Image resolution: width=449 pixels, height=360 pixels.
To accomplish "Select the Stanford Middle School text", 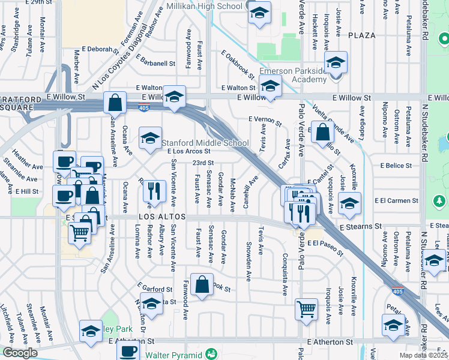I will pyautogui.click(x=205, y=143).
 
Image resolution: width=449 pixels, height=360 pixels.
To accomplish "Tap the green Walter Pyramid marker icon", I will pyautogui.click(x=211, y=353).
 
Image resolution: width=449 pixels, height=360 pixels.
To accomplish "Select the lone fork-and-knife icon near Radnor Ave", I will pyautogui.click(x=155, y=191).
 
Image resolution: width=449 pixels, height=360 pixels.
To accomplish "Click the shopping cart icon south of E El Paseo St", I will pyautogui.click(x=306, y=310).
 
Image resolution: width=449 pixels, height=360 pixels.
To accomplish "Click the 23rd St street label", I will pyautogui.click(x=203, y=163).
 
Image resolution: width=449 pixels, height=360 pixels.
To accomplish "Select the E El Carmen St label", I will pyautogui.click(x=396, y=200).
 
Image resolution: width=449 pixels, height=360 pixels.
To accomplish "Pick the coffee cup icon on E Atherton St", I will pyautogui.click(x=128, y=352).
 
